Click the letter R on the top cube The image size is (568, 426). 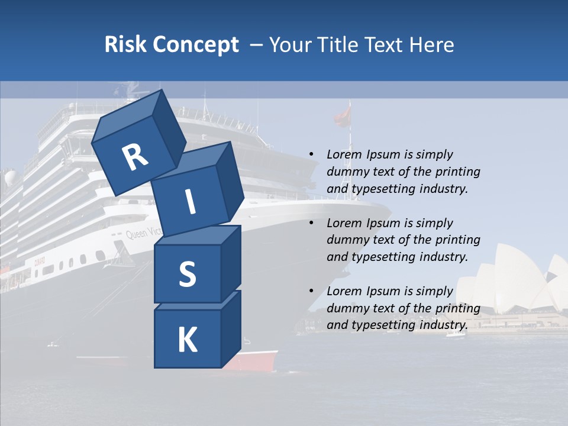pos(135,157)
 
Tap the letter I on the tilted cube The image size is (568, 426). pos(190,202)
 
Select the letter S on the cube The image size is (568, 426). pos(187,274)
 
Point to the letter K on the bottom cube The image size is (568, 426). pos(187,340)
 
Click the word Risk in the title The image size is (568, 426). pos(125,44)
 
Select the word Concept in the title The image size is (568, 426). pos(195,44)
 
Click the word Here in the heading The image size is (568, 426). pos(433,44)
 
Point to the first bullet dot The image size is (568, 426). pos(311,154)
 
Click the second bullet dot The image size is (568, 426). pos(311,223)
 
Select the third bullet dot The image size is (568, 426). pos(311,291)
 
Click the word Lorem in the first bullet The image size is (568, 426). pos(343,154)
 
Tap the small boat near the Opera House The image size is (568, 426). pos(455,334)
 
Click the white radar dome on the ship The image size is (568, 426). pos(11,177)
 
